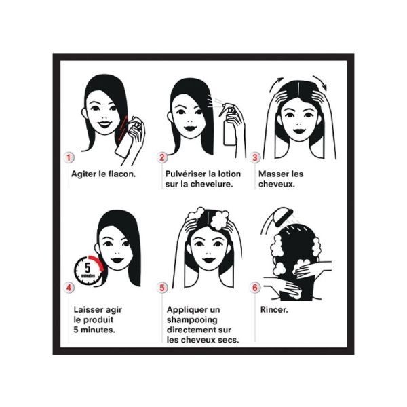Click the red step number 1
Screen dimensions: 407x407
[x=69, y=157]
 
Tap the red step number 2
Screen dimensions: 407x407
[x=162, y=157]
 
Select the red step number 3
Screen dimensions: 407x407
[x=255, y=157]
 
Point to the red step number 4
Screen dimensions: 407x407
[x=69, y=288]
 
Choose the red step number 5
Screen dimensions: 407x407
[x=162, y=288]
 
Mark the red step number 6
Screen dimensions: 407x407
[x=255, y=288]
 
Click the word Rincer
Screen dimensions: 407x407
[x=274, y=310]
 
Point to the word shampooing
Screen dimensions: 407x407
[x=192, y=320]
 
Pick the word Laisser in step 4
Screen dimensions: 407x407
[x=88, y=310]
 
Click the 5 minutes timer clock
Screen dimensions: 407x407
[x=88, y=271]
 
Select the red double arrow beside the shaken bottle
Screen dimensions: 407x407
[x=123, y=128]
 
